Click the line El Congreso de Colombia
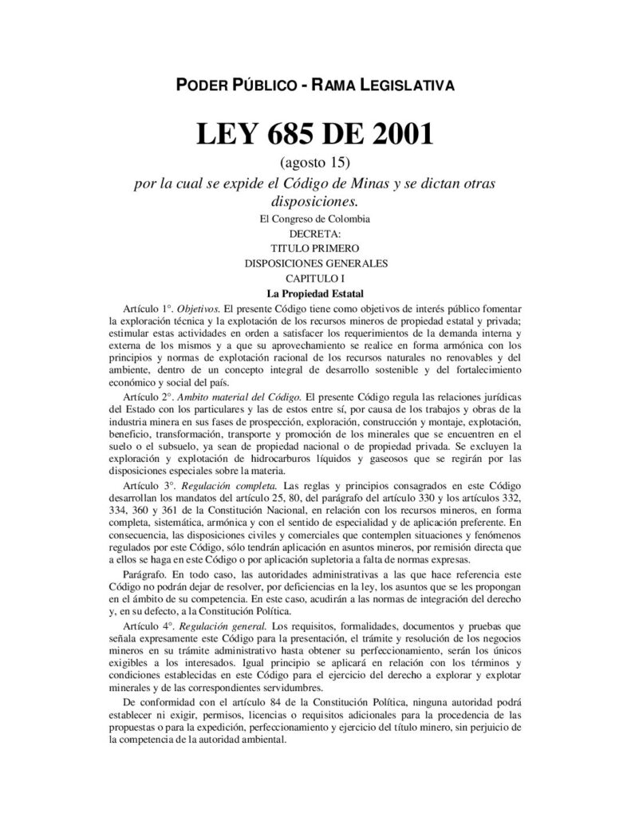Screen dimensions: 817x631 coord(315,219)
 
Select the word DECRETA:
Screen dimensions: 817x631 coord(315,234)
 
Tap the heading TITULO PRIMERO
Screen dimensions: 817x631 coord(315,248)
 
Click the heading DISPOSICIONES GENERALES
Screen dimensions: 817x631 coord(315,262)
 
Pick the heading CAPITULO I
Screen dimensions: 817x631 coord(315,278)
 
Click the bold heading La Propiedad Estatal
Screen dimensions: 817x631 coord(315,293)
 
